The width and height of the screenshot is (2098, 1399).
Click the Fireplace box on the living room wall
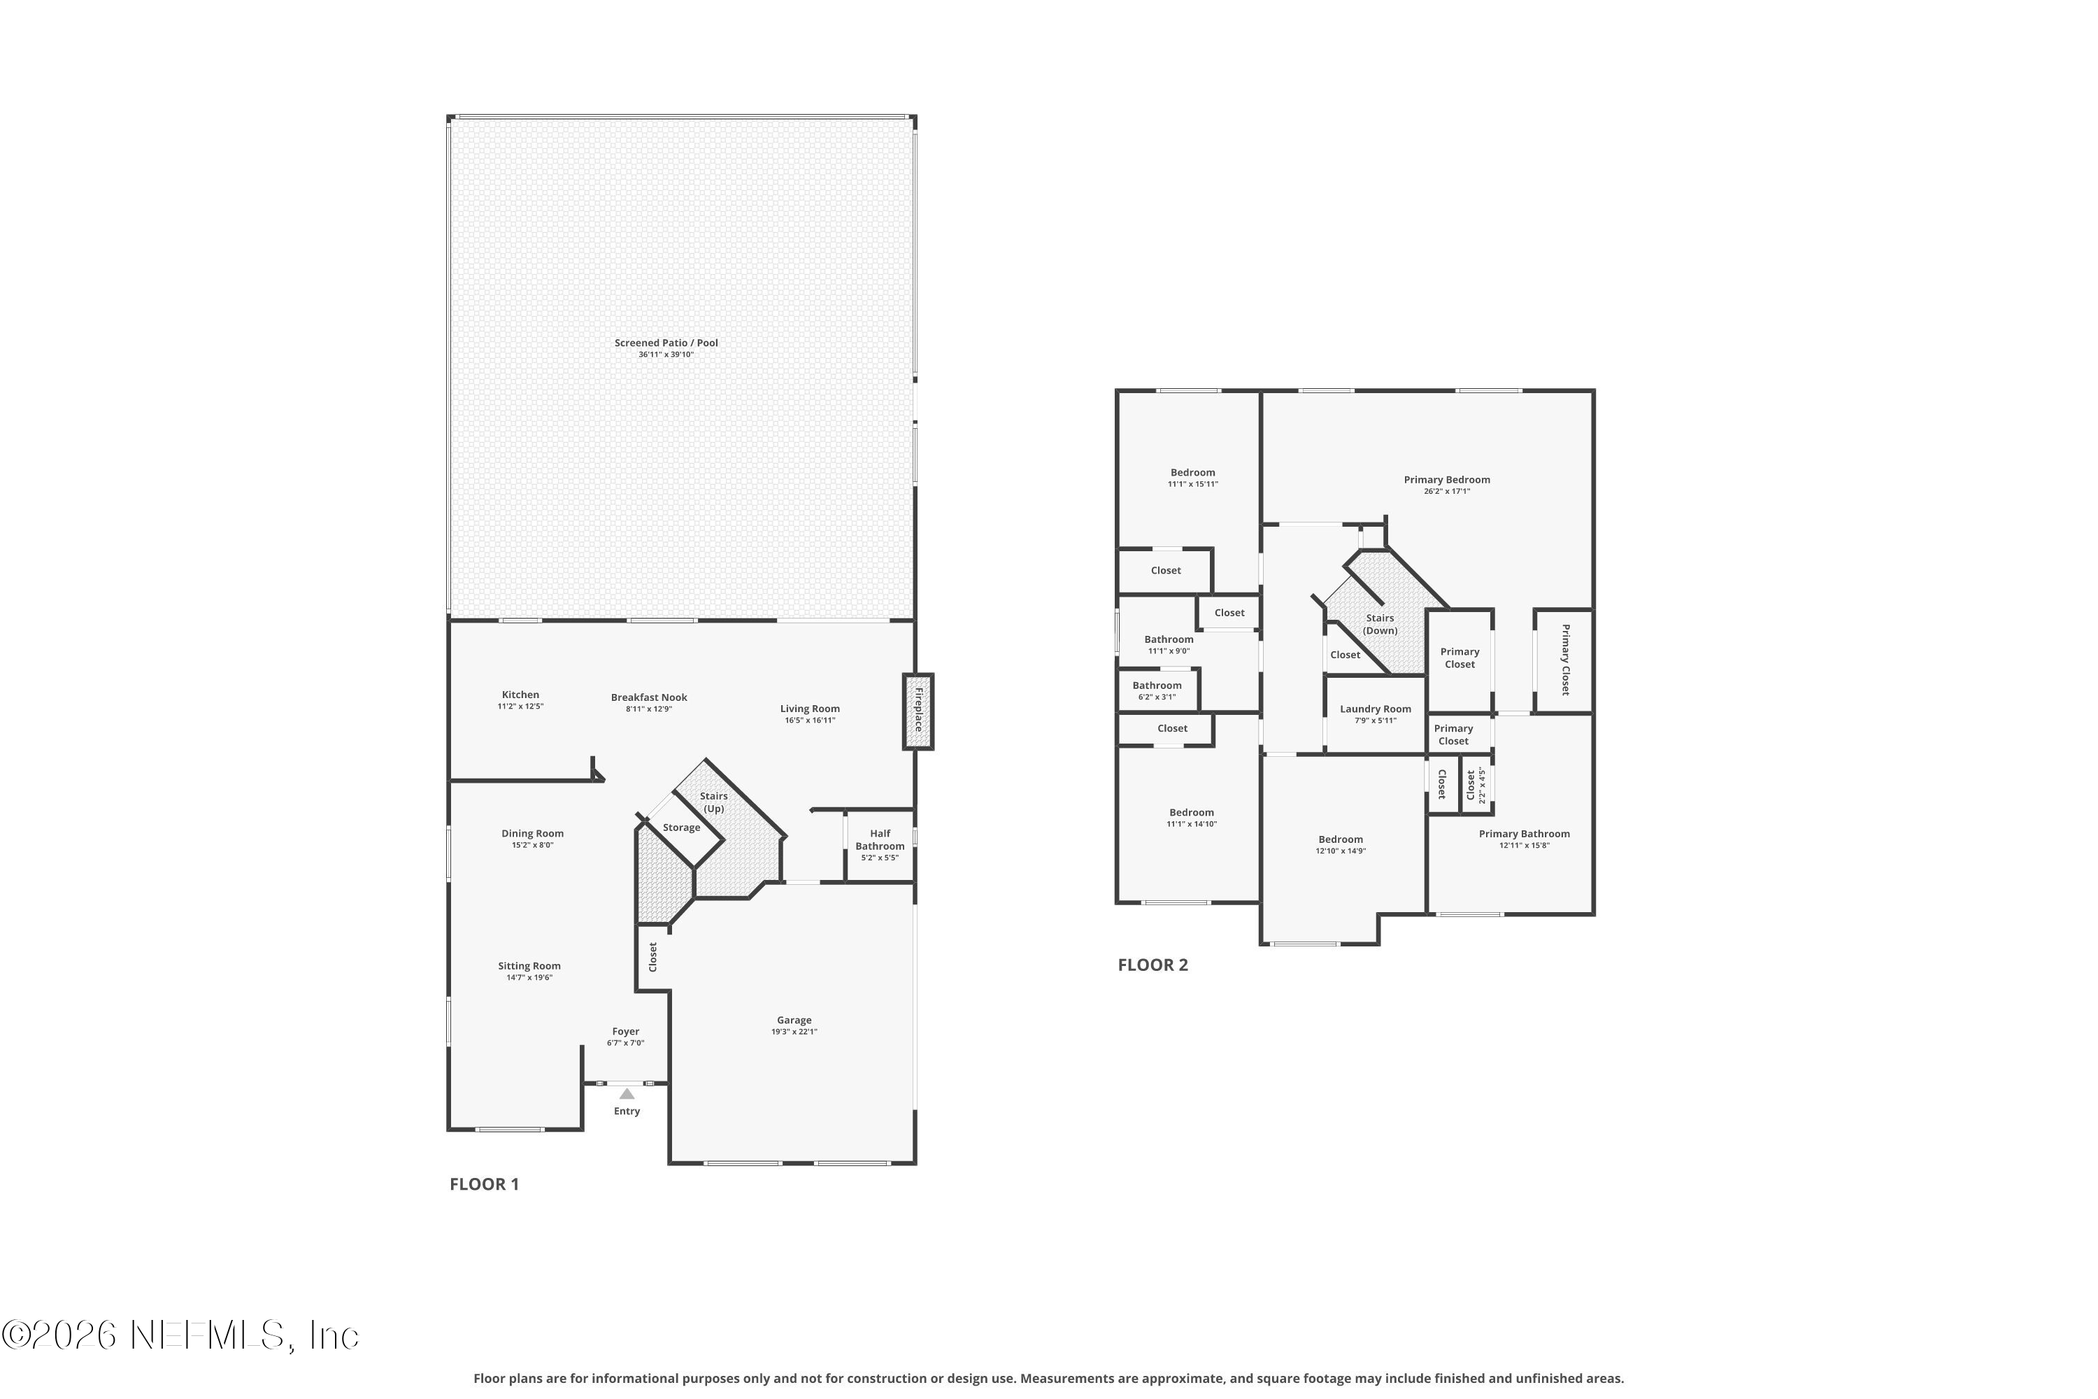(x=918, y=711)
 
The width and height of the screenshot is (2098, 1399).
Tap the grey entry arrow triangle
(x=627, y=1094)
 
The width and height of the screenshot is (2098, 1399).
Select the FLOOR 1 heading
(x=485, y=1184)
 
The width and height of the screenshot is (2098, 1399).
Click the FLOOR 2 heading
(x=1153, y=965)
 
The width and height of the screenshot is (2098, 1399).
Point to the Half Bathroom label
(x=880, y=839)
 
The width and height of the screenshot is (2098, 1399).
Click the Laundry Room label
(x=1376, y=709)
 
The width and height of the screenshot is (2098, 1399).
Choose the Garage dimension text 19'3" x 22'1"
(x=794, y=1031)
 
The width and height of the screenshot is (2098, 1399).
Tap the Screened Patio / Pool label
(x=666, y=343)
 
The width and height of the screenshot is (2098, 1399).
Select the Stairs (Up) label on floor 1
(x=713, y=802)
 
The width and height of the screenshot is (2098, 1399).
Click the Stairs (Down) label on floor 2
(x=1380, y=624)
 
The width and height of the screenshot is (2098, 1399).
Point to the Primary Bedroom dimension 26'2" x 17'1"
(x=1447, y=492)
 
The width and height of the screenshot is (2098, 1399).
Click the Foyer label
(x=625, y=1031)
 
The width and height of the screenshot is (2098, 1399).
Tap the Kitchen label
(x=520, y=694)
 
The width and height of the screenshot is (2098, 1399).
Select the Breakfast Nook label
(x=650, y=697)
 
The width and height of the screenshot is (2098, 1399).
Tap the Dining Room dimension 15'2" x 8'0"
(x=532, y=845)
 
